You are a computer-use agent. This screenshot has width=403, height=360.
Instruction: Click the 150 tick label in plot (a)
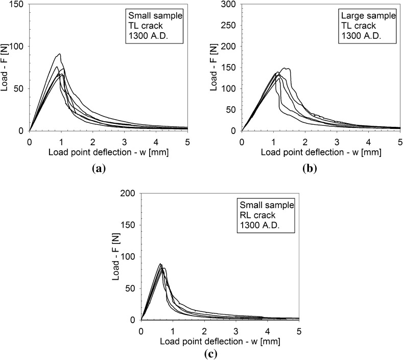tap(18, 4)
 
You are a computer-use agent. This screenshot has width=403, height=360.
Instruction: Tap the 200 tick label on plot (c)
tap(130, 193)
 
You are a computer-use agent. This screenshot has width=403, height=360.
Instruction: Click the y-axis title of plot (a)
tap(5, 67)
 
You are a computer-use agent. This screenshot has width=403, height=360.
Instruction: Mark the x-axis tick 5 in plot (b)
tap(400, 140)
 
